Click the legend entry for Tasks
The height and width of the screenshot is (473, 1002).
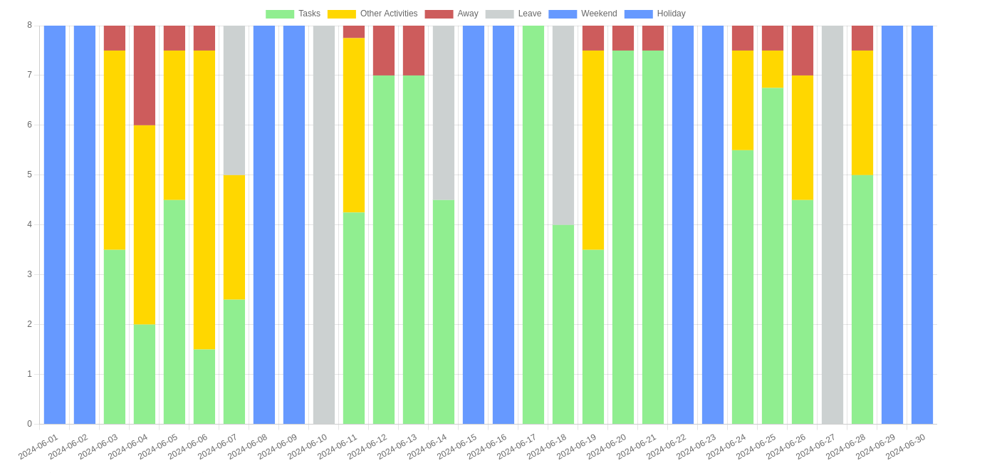click(293, 14)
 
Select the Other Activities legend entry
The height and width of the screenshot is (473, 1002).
click(372, 14)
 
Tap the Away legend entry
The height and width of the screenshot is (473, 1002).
click(452, 14)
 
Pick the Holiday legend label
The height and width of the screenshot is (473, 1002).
click(654, 14)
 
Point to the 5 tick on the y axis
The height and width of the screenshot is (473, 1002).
click(29, 175)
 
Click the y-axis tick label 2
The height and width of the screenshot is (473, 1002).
click(29, 324)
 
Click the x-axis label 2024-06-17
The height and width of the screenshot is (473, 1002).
click(518, 446)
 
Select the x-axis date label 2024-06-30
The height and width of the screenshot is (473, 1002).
click(907, 446)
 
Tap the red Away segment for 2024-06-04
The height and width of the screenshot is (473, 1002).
click(145, 76)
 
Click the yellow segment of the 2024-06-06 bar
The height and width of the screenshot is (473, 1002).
click(204, 199)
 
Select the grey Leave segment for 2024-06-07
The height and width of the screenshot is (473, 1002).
click(234, 100)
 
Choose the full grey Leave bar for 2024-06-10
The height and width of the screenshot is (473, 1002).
click(324, 224)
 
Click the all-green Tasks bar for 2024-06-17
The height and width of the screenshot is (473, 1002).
click(533, 224)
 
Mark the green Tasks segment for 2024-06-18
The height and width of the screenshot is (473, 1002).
click(563, 324)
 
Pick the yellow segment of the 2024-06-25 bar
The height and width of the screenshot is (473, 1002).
click(773, 69)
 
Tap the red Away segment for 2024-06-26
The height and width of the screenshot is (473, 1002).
click(803, 51)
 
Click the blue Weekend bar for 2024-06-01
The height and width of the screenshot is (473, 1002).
click(55, 224)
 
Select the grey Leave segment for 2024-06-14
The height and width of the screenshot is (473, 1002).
click(444, 113)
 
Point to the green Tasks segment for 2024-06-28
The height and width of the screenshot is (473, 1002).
click(862, 299)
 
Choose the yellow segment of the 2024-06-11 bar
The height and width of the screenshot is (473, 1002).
click(354, 125)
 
